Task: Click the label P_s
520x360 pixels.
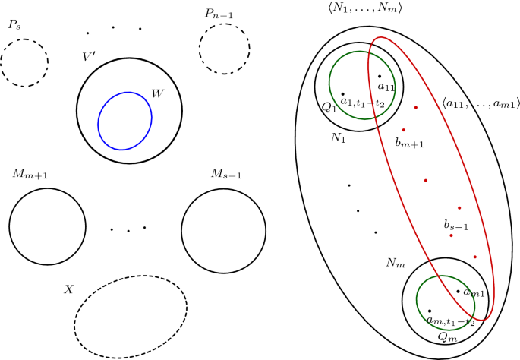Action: pos(14,25)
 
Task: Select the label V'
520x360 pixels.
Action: pos(90,57)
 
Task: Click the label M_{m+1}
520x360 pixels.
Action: pos(30,175)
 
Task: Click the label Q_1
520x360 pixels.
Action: pos(329,109)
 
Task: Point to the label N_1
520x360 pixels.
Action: pos(337,138)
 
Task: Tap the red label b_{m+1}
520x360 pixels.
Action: pos(409,143)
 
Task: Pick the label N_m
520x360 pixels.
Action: pos(395,263)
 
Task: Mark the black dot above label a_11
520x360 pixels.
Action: pos(380,76)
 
